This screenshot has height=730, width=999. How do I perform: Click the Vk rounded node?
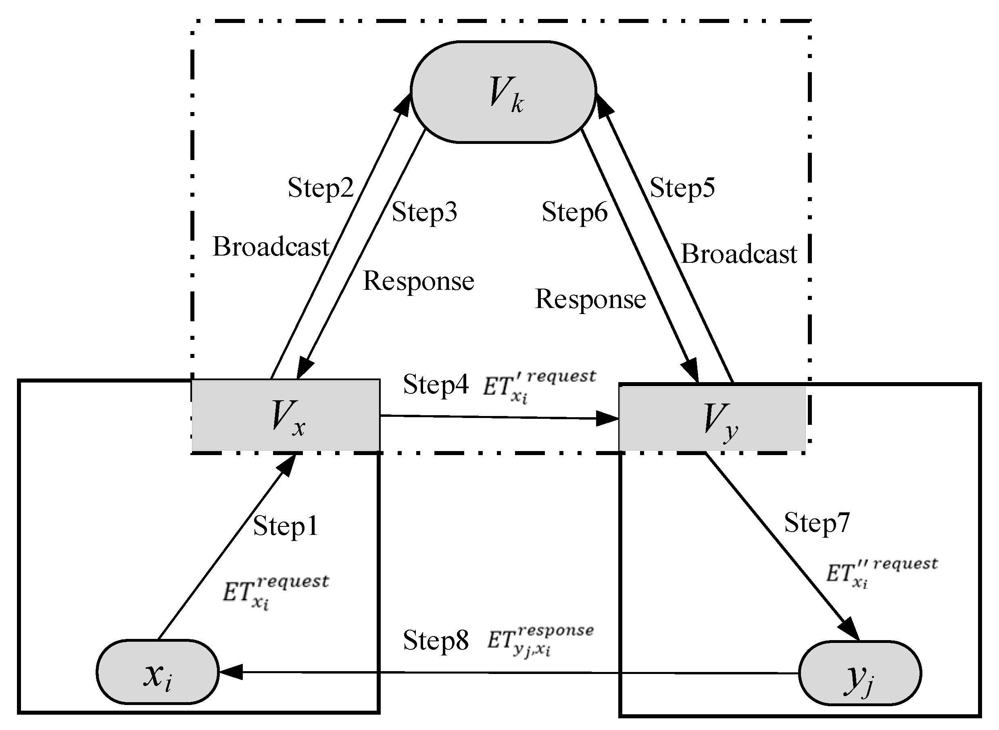[x=503, y=92]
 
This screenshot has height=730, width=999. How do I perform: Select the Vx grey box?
[x=286, y=415]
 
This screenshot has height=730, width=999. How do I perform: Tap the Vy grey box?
[x=712, y=418]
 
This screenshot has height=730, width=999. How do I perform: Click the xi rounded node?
[x=157, y=672]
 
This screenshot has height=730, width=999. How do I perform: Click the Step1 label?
[x=285, y=526]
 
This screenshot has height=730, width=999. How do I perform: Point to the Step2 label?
[x=321, y=187]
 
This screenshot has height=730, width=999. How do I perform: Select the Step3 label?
[x=424, y=212]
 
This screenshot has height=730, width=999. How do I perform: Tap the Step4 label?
[x=436, y=384]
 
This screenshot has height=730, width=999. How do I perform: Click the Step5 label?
[x=682, y=187]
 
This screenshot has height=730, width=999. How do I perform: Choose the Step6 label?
[x=575, y=212]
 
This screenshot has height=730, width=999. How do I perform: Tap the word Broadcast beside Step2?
[x=271, y=247]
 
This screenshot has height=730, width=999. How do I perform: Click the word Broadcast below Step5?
[x=738, y=254]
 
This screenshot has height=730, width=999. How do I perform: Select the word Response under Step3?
[x=418, y=281]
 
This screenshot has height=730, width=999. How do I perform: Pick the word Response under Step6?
[x=590, y=299]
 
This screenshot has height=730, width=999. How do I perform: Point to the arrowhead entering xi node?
[x=230, y=672]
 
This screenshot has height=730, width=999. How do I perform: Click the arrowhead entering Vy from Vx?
[x=608, y=418]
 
